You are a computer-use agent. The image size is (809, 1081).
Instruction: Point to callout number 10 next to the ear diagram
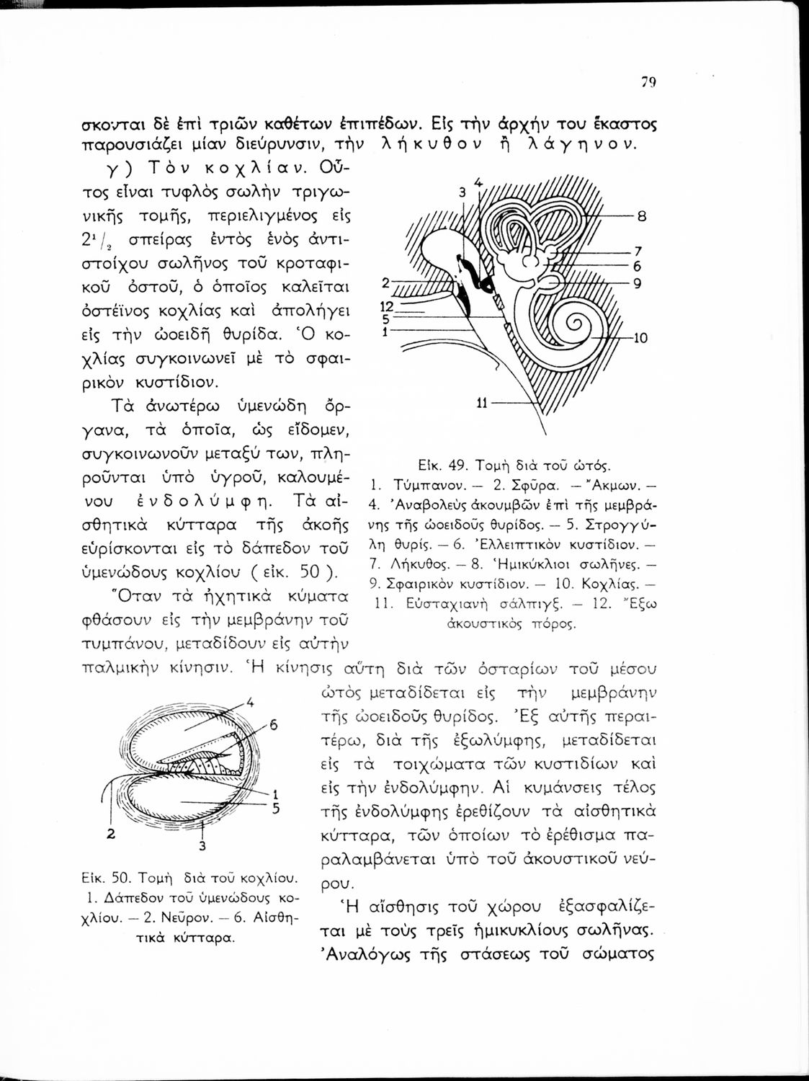640,339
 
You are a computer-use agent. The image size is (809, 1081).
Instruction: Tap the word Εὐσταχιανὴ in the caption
439,603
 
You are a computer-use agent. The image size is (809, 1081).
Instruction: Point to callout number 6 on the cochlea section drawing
273,725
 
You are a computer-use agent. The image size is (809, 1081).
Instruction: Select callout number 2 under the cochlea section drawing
112,835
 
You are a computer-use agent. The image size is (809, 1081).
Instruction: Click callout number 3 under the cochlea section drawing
202,845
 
